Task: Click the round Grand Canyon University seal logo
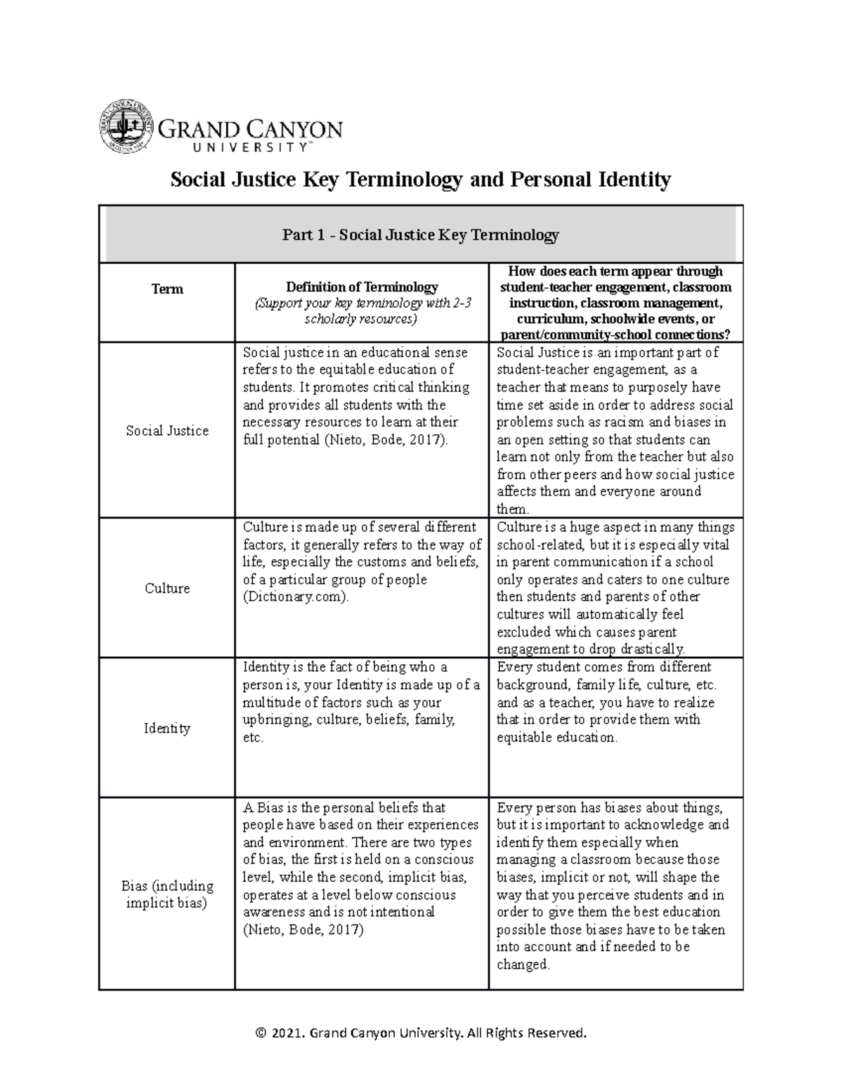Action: click(x=126, y=126)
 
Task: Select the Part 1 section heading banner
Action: click(x=420, y=235)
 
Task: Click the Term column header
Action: click(x=166, y=289)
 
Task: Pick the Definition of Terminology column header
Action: click(x=361, y=287)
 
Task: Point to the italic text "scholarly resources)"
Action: click(x=360, y=319)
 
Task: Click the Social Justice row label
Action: click(x=166, y=431)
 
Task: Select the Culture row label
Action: click(x=166, y=589)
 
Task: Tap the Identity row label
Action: click(x=166, y=729)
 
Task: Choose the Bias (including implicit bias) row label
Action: click(x=166, y=894)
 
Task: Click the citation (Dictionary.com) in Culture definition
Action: click(x=295, y=597)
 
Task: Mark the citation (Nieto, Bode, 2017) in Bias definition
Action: click(x=303, y=929)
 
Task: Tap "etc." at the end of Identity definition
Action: click(x=253, y=738)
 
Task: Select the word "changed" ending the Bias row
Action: click(x=522, y=965)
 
